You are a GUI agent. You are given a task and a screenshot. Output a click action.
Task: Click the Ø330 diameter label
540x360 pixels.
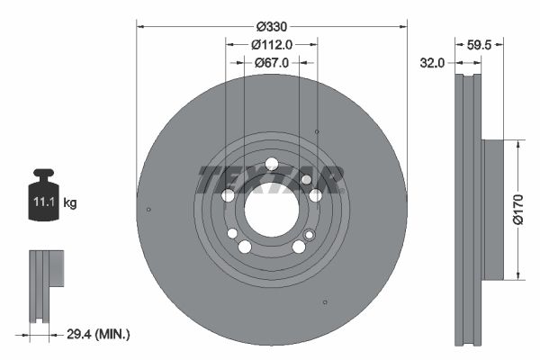(271, 27)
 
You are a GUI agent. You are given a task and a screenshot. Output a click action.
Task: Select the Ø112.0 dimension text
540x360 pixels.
(271, 45)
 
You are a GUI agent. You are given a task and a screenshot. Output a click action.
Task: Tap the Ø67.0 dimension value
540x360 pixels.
(271, 63)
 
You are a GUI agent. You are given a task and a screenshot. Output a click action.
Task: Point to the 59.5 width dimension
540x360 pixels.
(480, 42)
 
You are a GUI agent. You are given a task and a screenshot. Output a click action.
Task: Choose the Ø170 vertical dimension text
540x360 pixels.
(518, 209)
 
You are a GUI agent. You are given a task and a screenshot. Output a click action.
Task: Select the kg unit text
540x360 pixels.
(70, 203)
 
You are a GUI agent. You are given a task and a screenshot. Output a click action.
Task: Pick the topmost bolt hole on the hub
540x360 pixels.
(272, 163)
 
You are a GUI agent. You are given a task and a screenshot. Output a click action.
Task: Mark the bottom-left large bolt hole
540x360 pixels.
(244, 247)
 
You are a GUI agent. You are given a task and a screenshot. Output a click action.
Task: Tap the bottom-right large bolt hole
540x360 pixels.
(298, 247)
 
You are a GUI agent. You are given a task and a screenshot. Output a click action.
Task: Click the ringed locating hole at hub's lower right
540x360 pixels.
(310, 235)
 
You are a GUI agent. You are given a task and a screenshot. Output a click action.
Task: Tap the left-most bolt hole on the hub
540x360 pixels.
(228, 195)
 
